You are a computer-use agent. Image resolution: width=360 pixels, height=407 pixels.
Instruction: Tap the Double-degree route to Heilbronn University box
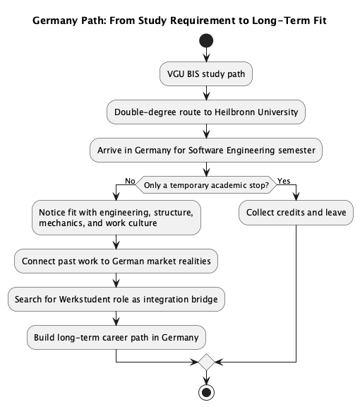(x=205, y=111)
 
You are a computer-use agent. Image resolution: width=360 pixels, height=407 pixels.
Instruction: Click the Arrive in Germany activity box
(x=205, y=150)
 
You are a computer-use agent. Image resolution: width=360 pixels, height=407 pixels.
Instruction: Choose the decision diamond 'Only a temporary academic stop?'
(x=205, y=186)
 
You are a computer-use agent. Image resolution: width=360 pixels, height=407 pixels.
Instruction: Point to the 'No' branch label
(x=130, y=181)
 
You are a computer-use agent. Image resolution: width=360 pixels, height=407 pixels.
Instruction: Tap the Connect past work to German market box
(x=116, y=261)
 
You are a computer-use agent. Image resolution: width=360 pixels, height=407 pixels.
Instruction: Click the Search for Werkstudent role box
(x=116, y=299)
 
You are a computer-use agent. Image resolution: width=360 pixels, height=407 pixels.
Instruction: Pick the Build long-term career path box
(x=116, y=337)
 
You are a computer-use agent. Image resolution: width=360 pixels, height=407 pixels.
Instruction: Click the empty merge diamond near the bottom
(x=205, y=361)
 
